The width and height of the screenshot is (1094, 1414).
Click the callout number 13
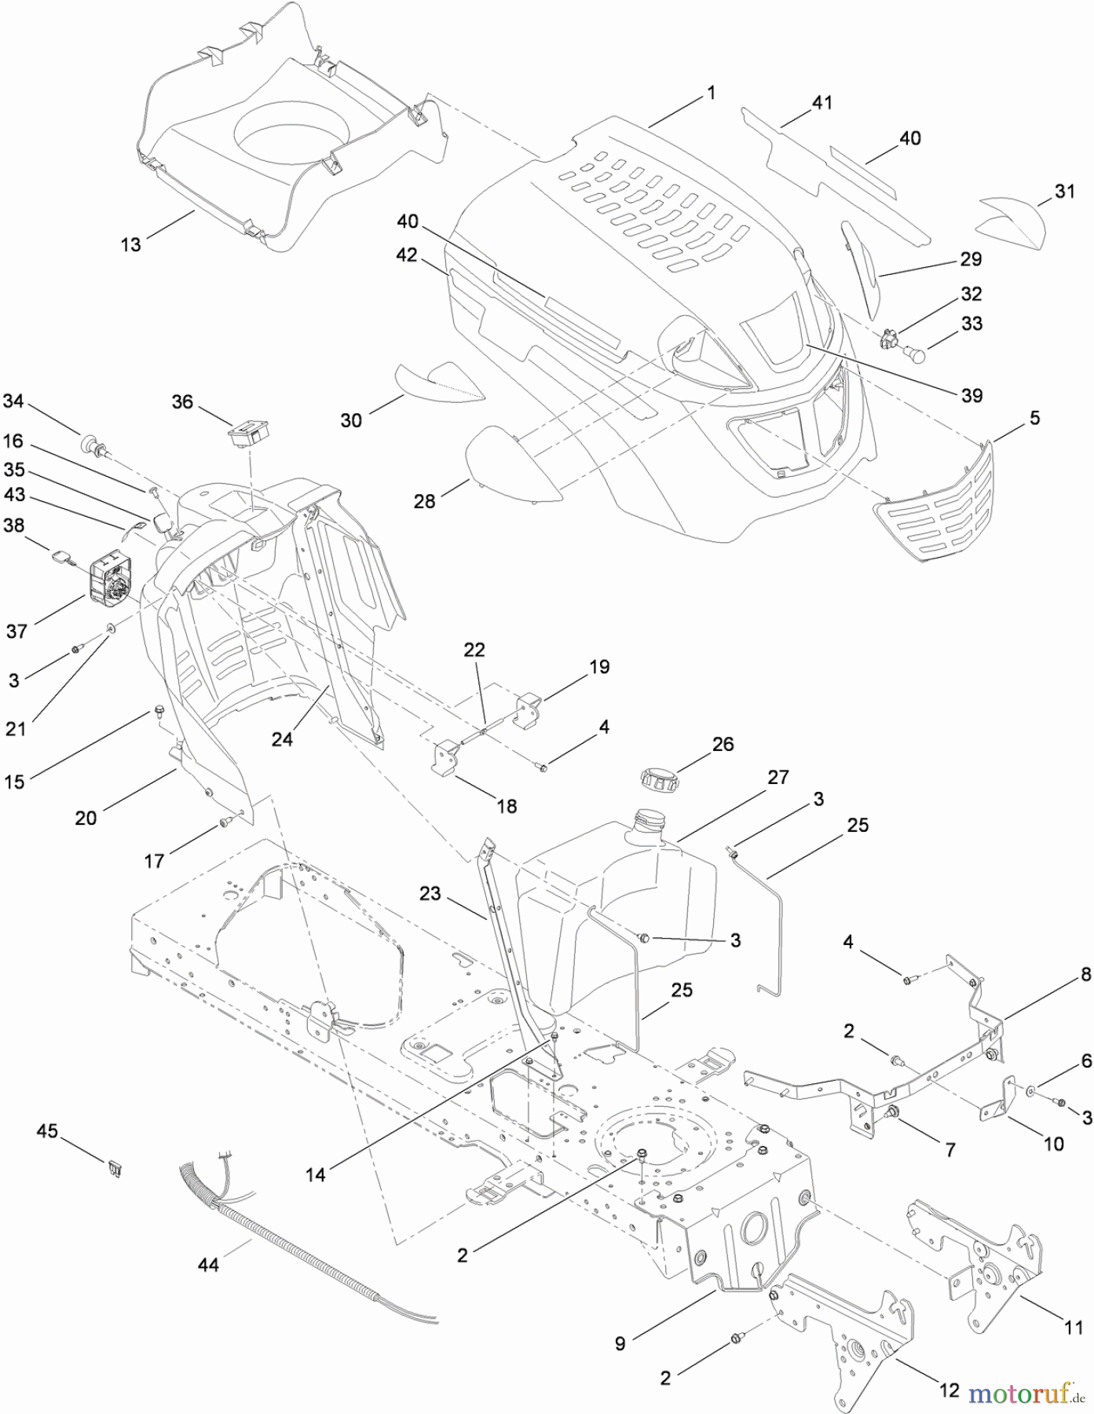coord(130,244)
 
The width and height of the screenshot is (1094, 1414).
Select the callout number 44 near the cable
coord(209,1264)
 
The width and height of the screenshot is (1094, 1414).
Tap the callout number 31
coord(1065,191)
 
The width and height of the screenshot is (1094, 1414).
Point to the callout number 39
coord(972,395)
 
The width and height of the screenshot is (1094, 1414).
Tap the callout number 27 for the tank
coord(778,777)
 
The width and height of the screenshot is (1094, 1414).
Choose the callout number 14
coord(315,1174)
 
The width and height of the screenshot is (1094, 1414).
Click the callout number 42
coord(407,255)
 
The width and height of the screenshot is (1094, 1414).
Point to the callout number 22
coord(474,650)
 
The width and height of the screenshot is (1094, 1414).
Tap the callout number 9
coord(620,1343)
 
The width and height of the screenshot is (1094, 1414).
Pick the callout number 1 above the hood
coord(711,93)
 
